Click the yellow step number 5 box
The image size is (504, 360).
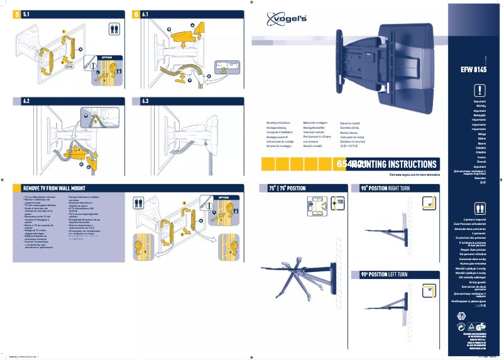click(x=17, y=14)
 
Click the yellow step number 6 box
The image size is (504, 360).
click(x=136, y=14)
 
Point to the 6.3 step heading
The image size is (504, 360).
click(x=145, y=101)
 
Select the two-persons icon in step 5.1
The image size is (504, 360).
click(x=114, y=28)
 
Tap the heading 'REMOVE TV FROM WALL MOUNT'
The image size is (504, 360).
click(x=54, y=187)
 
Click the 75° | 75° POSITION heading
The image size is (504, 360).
click(x=287, y=188)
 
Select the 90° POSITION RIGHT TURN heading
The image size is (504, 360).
click(x=385, y=188)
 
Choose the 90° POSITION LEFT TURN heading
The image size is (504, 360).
click(x=384, y=275)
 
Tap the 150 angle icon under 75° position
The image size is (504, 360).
click(x=337, y=202)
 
